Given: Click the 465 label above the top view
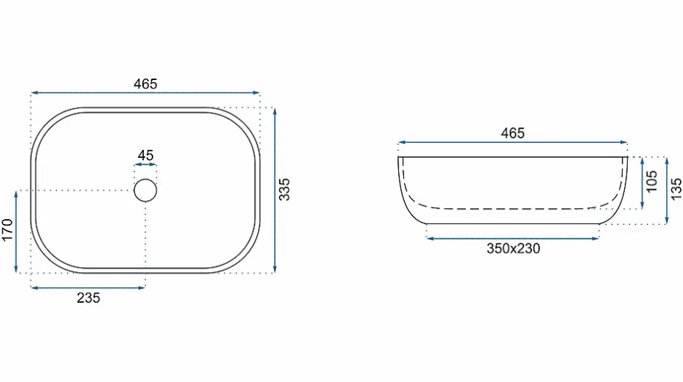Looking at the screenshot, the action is click(145, 84).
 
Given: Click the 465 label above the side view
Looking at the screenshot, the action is click(513, 133).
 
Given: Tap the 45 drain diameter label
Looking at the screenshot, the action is click(145, 155).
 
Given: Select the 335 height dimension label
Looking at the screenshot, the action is click(284, 189).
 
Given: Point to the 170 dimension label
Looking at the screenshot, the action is click(7, 230).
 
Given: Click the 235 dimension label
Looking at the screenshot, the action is click(89, 298).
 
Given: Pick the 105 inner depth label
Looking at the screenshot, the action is click(651, 181).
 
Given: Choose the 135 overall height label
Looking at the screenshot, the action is click(676, 189).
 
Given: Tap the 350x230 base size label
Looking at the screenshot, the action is click(513, 249).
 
